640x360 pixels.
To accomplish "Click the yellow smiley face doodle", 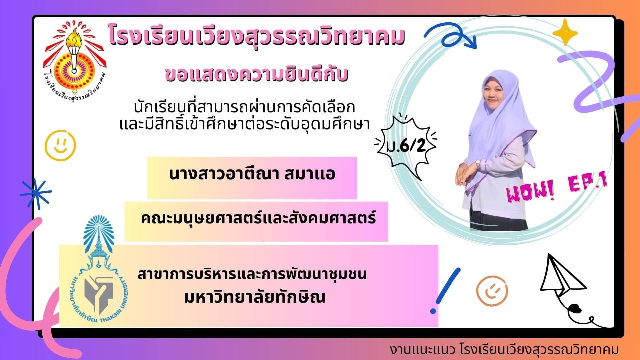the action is click(60, 145).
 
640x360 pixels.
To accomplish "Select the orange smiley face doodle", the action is click(492, 291).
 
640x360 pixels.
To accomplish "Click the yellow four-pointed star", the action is click(565, 32).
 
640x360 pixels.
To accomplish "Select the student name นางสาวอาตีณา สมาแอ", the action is click(252, 174).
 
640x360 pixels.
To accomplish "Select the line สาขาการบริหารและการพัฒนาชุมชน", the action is click(252, 274).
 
